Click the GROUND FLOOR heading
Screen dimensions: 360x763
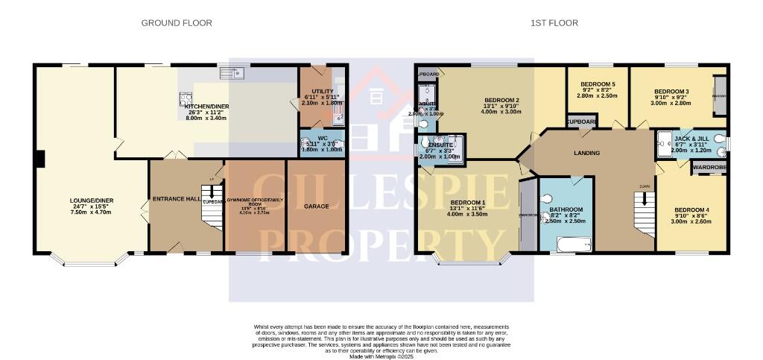177,23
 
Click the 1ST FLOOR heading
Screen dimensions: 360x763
554,23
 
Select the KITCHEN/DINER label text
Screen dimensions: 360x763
206,107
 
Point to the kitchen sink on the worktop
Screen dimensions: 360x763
232,73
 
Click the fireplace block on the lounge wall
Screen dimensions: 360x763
42,158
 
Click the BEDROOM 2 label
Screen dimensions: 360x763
501,100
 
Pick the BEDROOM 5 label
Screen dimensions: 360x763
596,83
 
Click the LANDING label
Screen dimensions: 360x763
587,153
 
